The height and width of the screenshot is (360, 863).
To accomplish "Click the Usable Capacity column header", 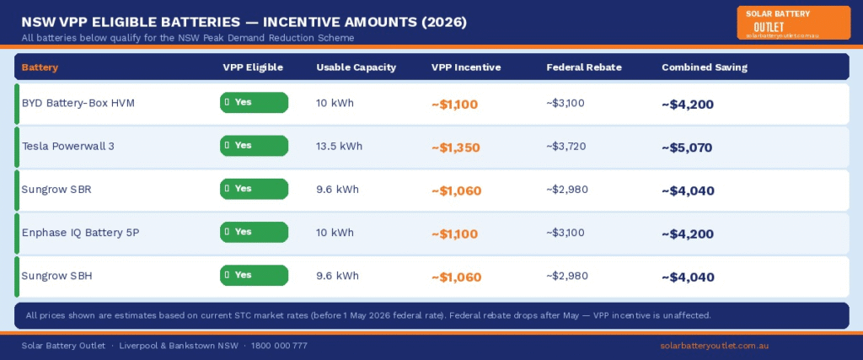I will (x=356, y=67).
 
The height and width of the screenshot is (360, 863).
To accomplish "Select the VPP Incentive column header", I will (x=466, y=67).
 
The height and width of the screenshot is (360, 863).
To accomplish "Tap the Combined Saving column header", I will (x=704, y=67).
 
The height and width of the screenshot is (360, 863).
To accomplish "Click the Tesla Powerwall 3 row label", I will (x=68, y=146).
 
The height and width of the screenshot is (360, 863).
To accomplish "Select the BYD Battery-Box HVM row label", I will (x=78, y=103).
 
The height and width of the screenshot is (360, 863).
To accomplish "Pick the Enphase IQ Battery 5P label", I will (x=80, y=232).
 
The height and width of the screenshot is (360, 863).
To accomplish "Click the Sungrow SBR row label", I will (x=56, y=189).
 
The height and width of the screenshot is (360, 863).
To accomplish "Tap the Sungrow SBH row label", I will (x=56, y=276).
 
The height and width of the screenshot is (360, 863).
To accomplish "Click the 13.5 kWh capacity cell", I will (x=339, y=146).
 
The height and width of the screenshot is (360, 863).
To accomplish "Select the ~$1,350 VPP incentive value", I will (x=455, y=148).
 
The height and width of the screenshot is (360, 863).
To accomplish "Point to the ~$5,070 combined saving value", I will (x=687, y=148).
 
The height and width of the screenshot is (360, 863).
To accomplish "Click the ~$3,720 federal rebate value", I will (x=566, y=146).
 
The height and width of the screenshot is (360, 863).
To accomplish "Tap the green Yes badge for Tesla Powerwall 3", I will (x=254, y=146).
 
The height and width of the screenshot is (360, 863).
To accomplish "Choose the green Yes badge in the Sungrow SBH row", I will (x=254, y=275).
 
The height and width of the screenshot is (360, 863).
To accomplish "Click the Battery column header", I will (x=40, y=67).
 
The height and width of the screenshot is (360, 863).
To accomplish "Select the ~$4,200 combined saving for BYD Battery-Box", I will (x=687, y=105).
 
